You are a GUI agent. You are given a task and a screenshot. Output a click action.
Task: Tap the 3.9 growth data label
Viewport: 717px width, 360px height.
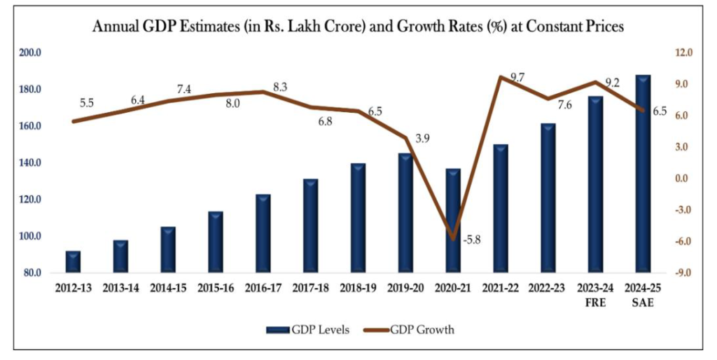[x=422, y=139]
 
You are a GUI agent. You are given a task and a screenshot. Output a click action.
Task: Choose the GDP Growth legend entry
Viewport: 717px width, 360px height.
[x=410, y=328]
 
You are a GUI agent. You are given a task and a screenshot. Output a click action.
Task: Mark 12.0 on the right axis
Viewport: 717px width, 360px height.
[x=683, y=53]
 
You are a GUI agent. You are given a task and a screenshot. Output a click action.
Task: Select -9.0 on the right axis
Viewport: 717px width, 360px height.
[x=683, y=273]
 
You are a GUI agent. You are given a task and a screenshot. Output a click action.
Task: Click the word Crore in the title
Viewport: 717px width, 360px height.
[x=371, y=27]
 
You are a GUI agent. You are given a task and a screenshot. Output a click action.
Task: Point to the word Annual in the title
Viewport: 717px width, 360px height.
[x=116, y=27]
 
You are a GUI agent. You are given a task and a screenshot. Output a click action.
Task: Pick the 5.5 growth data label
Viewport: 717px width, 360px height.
[x=87, y=103]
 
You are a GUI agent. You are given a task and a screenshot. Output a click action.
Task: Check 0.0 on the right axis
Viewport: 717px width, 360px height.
[x=683, y=179]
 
